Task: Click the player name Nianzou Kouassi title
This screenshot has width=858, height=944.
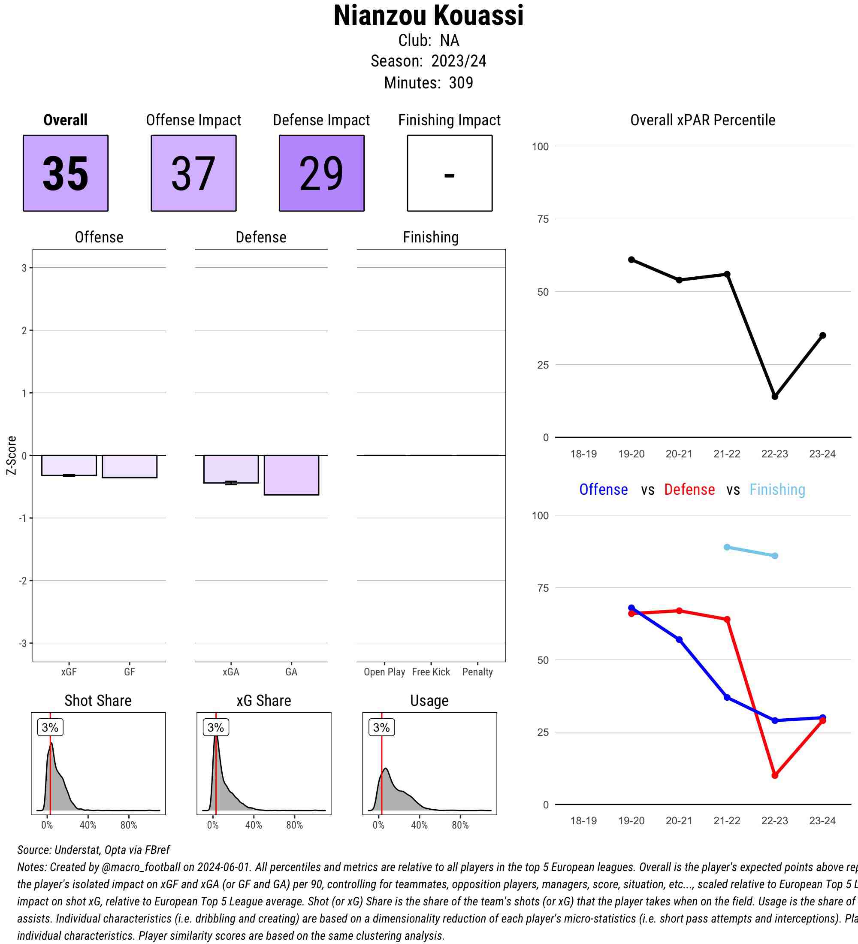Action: pos(428,16)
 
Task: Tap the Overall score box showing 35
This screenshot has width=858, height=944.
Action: pos(66,173)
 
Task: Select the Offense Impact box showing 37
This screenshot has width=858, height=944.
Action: pos(193,173)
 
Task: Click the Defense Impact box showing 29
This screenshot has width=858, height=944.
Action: pos(322,173)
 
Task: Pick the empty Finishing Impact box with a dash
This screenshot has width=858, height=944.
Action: pos(449,173)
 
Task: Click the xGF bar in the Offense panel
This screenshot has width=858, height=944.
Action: pos(69,466)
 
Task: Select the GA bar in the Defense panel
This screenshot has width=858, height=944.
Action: pos(291,475)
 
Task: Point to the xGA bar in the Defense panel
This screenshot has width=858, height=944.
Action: pos(231,469)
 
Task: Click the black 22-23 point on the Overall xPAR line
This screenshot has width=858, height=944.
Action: pos(775,396)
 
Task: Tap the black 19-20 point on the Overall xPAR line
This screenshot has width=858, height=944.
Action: pos(631,260)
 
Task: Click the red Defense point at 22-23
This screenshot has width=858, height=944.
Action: pos(775,775)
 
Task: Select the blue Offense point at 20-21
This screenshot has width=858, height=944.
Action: pos(679,640)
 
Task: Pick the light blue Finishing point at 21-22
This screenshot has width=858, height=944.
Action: pos(727,547)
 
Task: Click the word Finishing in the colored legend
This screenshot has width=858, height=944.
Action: pos(777,490)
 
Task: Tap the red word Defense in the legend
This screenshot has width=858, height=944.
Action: pos(689,490)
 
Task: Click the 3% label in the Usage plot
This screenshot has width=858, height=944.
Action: pos(381,727)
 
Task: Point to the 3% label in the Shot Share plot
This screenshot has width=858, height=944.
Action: pos(50,727)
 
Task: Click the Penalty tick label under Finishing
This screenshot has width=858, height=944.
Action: pos(477,672)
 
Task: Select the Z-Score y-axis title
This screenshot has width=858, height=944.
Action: pos(12,455)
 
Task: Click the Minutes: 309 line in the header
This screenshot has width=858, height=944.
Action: pos(428,83)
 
